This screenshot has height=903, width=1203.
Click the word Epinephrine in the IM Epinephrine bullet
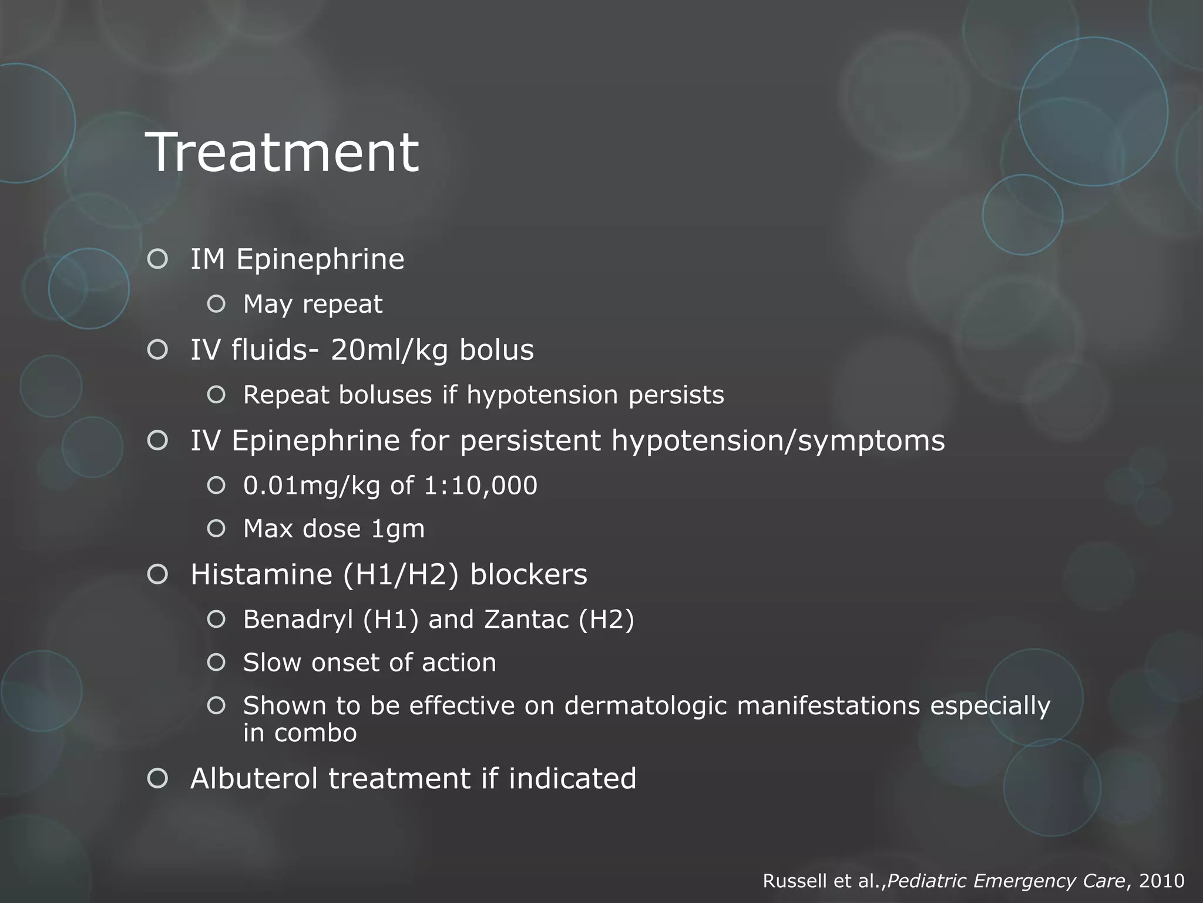pos(320,259)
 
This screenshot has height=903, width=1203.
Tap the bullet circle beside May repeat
pos(216,304)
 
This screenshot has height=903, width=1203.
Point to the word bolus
pos(496,350)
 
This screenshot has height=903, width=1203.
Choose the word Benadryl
pos(298,620)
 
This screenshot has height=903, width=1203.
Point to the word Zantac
pos(526,620)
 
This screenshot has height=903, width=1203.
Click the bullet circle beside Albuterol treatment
pos(157,778)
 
